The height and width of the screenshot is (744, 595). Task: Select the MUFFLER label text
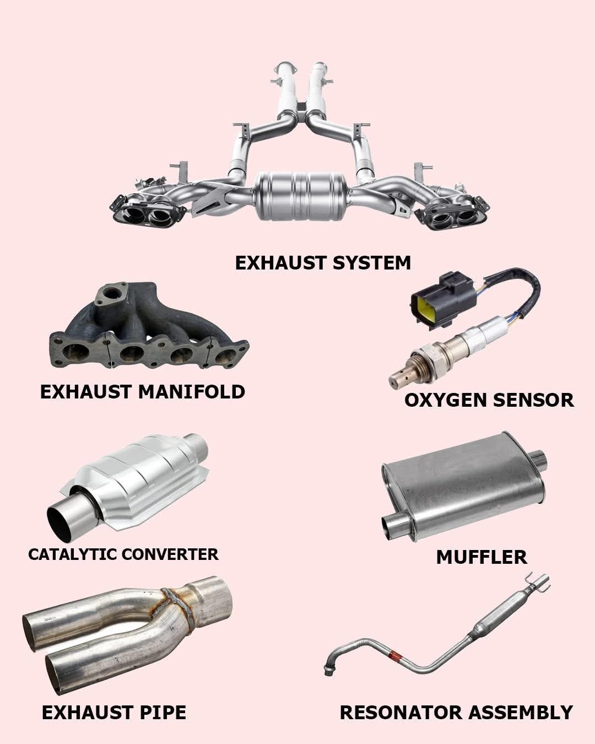coord(482,557)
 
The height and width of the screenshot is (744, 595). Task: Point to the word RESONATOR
coord(401,713)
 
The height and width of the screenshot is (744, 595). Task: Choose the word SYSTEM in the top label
coord(372,263)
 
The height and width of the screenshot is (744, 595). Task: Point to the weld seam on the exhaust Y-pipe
coord(177,609)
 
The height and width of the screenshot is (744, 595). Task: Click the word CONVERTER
coord(170,554)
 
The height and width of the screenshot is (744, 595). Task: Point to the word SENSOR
coord(533,400)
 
